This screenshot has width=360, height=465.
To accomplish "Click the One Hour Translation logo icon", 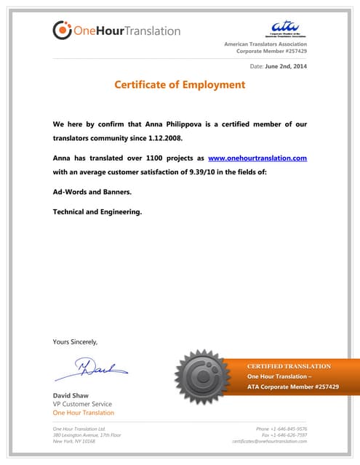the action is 63,30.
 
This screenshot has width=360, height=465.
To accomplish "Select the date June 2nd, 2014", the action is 287,66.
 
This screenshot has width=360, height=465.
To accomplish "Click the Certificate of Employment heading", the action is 180,85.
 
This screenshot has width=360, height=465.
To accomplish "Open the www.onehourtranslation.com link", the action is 257,158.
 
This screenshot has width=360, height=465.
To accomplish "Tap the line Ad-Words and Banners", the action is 92,192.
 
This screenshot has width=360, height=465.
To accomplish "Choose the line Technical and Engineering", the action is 97,212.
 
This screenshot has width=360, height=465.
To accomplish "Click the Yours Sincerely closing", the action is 75,341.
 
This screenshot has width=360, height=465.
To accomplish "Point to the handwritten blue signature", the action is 91,370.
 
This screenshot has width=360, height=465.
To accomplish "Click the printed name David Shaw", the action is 71,395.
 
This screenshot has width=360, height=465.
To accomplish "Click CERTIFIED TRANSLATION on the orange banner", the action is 289,366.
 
